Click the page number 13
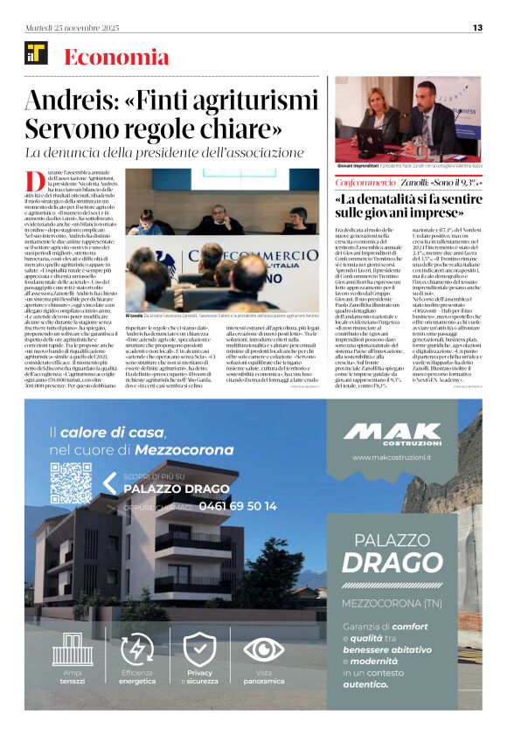[477, 27]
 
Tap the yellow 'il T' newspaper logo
[36, 57]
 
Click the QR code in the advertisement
[71, 482]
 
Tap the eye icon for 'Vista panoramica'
[263, 649]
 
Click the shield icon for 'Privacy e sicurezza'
[199, 649]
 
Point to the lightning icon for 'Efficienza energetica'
[137, 649]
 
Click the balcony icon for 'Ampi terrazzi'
[73, 649]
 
